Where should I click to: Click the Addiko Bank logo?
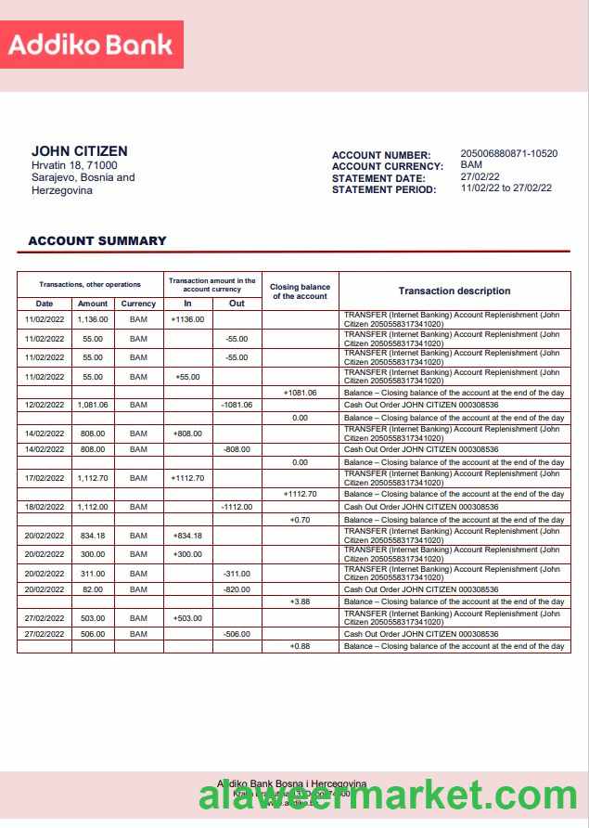point(92,45)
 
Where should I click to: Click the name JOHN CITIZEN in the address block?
point(80,151)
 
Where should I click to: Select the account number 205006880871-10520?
point(508,154)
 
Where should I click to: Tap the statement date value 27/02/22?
point(480,176)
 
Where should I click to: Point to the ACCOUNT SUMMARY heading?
point(97,240)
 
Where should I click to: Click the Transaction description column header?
point(455,291)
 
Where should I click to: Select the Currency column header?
point(138,304)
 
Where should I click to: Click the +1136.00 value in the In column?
point(187,319)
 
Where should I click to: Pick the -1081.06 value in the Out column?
point(237,405)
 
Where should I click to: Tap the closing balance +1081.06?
point(300,393)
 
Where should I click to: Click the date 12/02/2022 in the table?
point(45,405)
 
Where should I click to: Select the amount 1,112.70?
point(93,478)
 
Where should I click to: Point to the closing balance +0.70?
point(300,520)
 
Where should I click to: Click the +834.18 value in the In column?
point(187,536)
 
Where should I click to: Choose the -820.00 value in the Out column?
point(237,589)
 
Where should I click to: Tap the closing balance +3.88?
point(300,602)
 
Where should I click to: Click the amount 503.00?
point(93,617)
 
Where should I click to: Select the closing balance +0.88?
point(300,646)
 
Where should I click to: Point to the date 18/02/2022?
point(45,507)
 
